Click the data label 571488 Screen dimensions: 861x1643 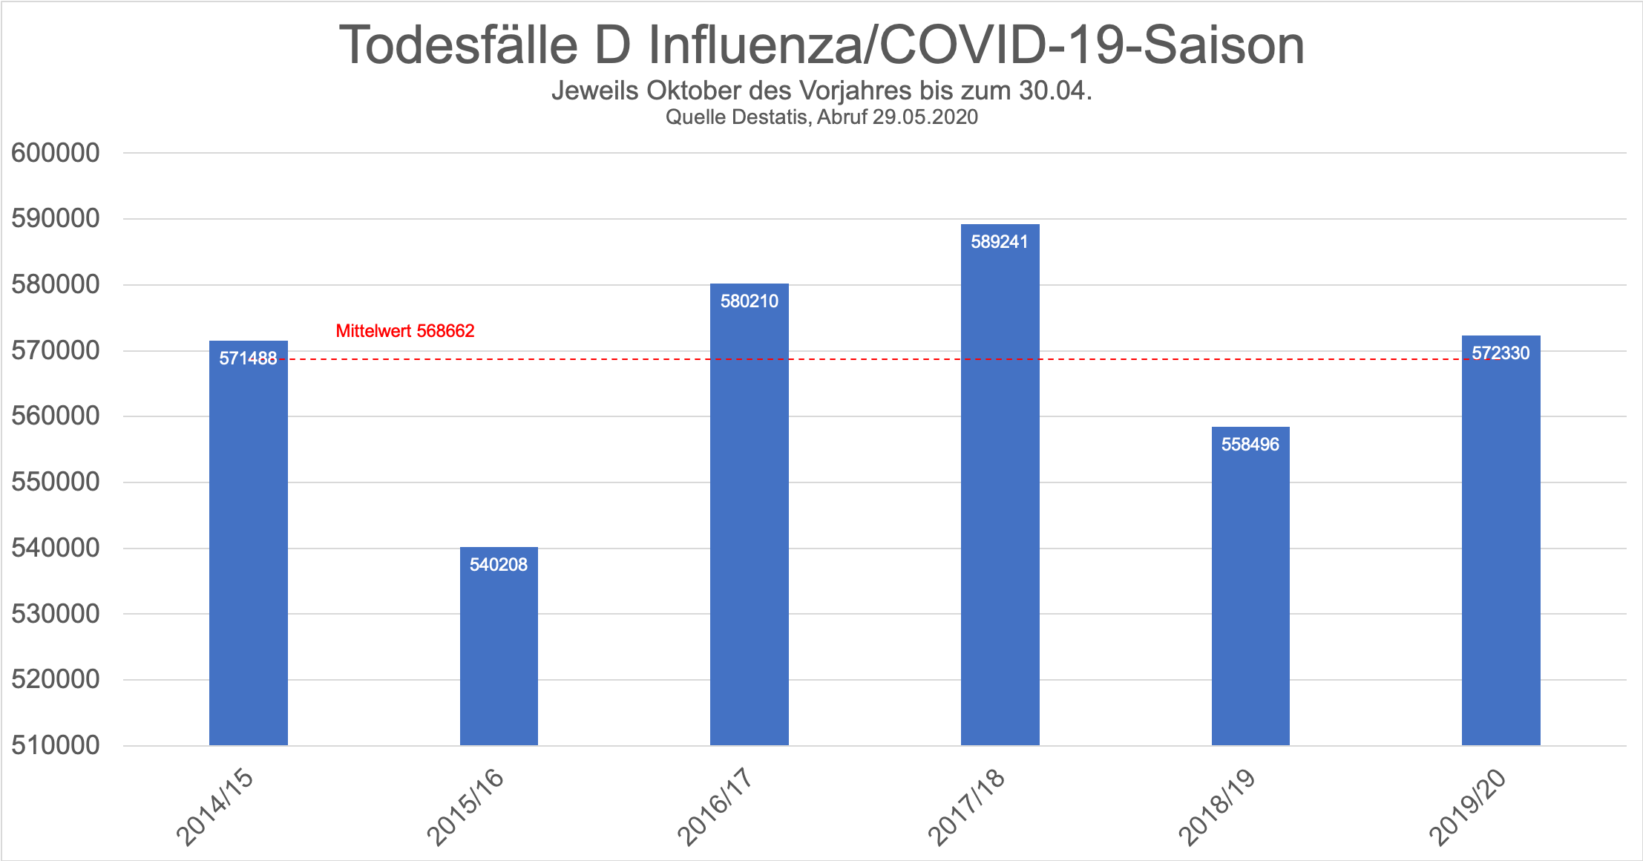[248, 359]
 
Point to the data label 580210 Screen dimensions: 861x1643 [750, 301]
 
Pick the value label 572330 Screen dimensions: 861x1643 [1501, 353]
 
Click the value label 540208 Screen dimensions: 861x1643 [499, 565]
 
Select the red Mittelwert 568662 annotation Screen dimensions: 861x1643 [405, 331]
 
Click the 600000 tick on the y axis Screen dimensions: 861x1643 [56, 153]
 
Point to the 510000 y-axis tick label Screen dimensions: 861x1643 [56, 745]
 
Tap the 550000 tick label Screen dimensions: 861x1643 [56, 482]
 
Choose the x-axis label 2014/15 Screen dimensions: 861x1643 [215, 807]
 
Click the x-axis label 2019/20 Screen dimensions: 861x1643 [1468, 807]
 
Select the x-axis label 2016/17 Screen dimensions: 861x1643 [716, 807]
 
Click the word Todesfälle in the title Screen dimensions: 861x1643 [458, 46]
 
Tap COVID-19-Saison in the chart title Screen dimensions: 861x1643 [1092, 46]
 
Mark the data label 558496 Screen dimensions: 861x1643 [1250, 445]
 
